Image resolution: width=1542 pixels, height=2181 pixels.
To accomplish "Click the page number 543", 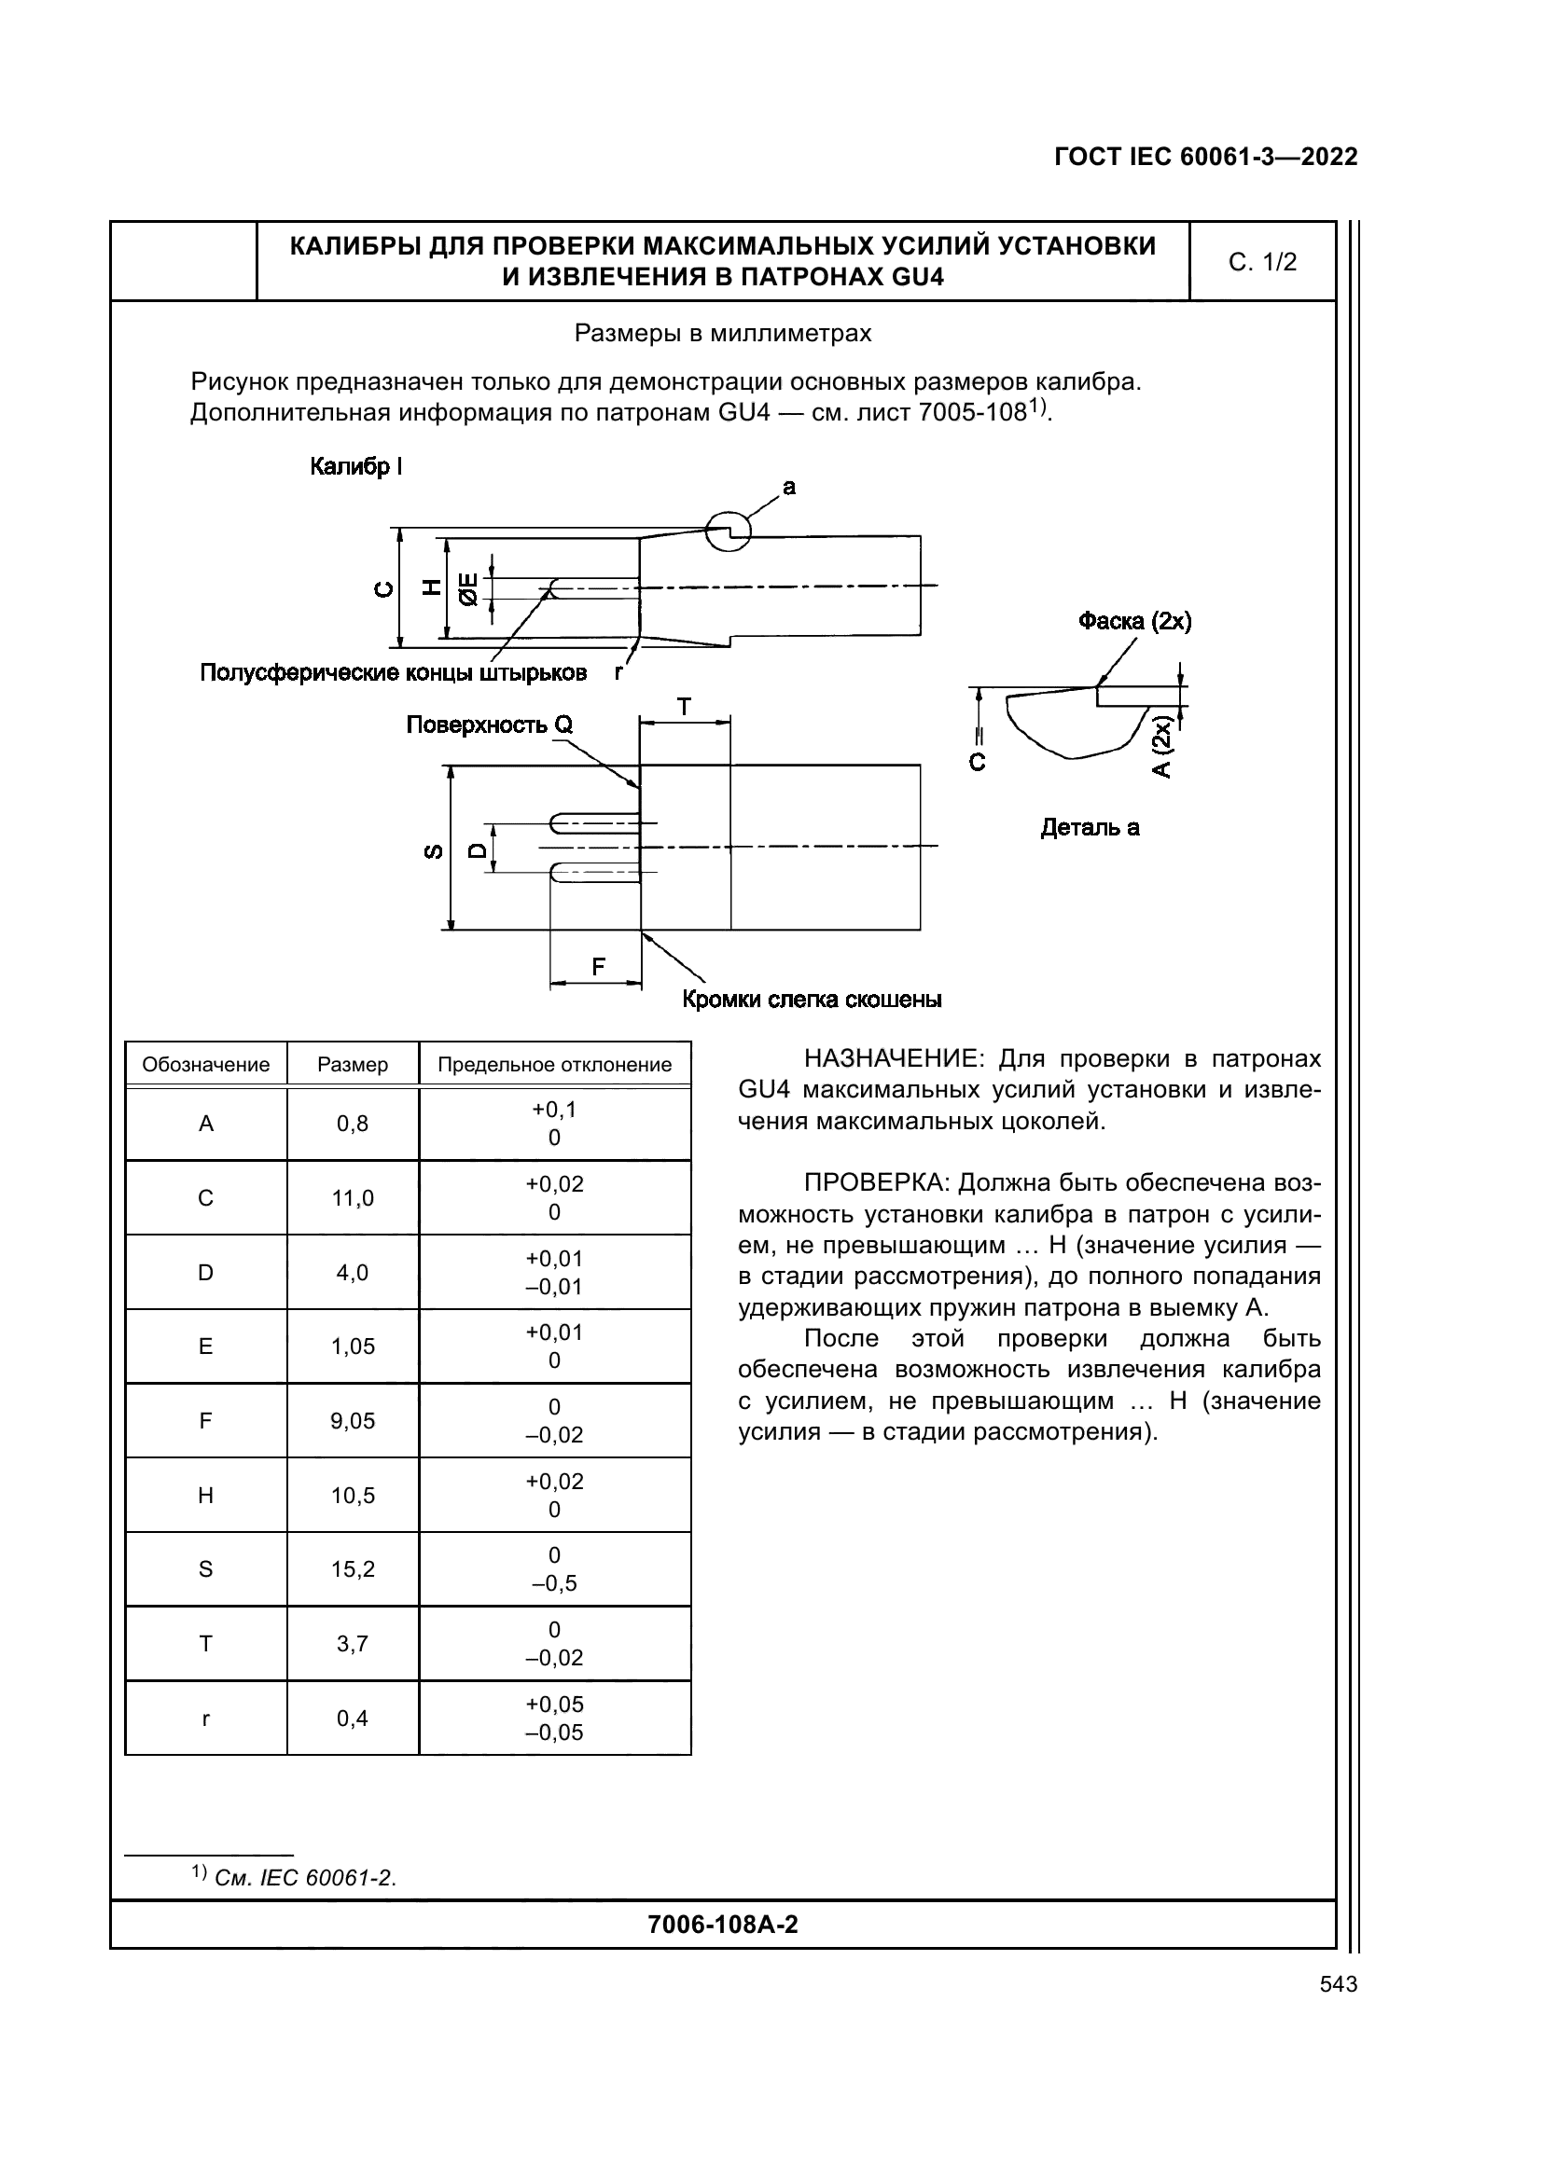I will pos(1338,1983).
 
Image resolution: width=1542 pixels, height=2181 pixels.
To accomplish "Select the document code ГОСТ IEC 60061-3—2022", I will pos(1205,157).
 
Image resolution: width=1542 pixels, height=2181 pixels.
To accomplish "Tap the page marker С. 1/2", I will pos(1262,262).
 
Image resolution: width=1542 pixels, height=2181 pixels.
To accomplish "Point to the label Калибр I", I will pos(356,466).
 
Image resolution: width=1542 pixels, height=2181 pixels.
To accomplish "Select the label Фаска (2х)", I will pos(1134,621).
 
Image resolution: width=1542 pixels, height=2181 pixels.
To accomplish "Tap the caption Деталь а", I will pos(1090,827).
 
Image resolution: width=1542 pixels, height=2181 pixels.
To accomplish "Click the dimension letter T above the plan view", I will pos(684,708).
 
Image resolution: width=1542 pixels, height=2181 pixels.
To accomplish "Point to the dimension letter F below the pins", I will pos(598,967).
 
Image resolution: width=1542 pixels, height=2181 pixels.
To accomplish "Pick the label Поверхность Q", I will pos(490,725).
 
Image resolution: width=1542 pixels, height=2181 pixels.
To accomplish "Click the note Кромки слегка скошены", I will pos(812,1000).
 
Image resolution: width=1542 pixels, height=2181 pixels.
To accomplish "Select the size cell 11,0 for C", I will pos(353,1198).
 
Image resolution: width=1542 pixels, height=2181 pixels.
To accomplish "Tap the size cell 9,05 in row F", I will pos(353,1421).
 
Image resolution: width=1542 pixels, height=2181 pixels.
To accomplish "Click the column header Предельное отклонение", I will pos(554,1065).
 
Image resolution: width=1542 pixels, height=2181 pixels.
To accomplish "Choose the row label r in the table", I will pos(205,1719).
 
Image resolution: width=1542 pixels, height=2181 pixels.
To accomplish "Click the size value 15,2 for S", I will pos(353,1569).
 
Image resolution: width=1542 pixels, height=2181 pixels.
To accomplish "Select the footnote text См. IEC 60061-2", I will pos(305,1878).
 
